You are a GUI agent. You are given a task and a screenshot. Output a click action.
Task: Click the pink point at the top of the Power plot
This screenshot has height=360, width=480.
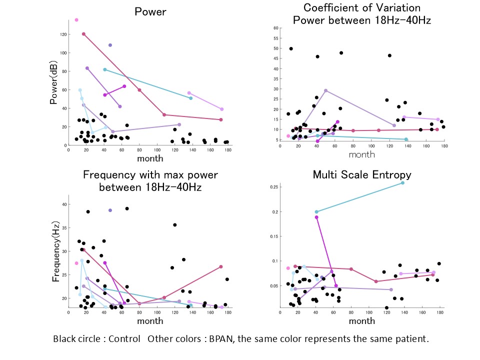coord(76,20)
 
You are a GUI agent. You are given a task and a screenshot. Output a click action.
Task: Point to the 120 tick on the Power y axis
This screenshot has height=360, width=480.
coord(63,34)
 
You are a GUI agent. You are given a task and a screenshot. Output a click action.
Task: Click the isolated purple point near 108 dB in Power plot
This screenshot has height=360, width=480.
coord(110,45)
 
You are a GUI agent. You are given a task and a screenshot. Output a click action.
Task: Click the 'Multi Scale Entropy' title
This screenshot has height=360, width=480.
coord(362,174)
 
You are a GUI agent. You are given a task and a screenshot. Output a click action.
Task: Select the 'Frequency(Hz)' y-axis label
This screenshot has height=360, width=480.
coord(55,249)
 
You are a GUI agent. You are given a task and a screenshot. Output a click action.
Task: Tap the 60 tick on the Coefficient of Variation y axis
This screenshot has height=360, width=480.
coord(275,28)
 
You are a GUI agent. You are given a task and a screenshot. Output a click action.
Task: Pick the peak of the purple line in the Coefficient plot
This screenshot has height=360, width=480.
coord(326,90)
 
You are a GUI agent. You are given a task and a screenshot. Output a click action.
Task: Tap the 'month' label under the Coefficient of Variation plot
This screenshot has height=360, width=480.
coord(361,154)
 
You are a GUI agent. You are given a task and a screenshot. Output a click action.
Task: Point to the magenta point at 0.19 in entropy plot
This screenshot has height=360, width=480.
coord(316,217)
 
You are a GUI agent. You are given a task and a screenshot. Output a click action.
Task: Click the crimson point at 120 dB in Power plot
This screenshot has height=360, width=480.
coord(83,34)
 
